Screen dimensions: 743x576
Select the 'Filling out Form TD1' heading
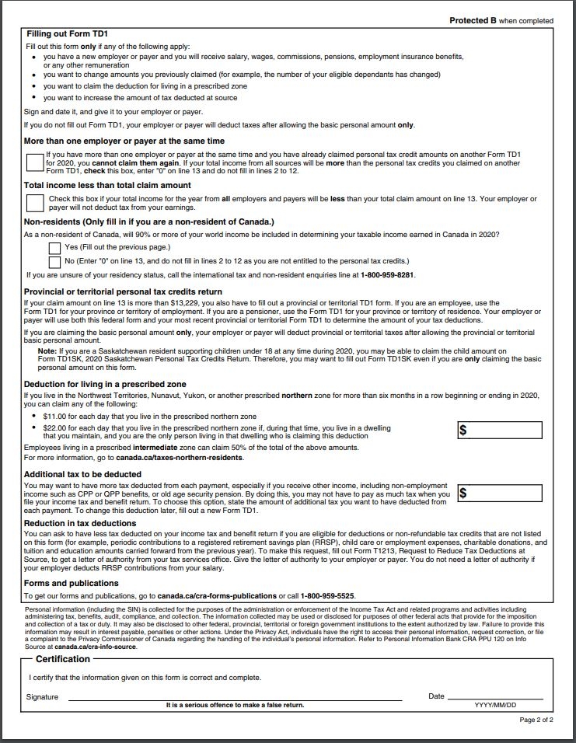[x=67, y=34]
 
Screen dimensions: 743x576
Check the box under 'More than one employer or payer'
[x=34, y=162]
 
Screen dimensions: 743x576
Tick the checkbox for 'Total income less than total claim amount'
[x=34, y=203]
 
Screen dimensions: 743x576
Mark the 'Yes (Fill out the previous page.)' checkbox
[x=54, y=248]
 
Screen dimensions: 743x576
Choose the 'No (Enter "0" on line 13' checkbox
[x=54, y=262]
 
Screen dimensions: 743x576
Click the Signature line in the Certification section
[x=233, y=696]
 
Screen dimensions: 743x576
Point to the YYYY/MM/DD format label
[x=495, y=705]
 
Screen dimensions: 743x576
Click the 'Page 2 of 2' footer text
[x=536, y=720]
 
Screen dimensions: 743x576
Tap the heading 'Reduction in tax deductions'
[x=80, y=523]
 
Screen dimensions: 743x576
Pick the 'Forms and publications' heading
[x=72, y=583]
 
